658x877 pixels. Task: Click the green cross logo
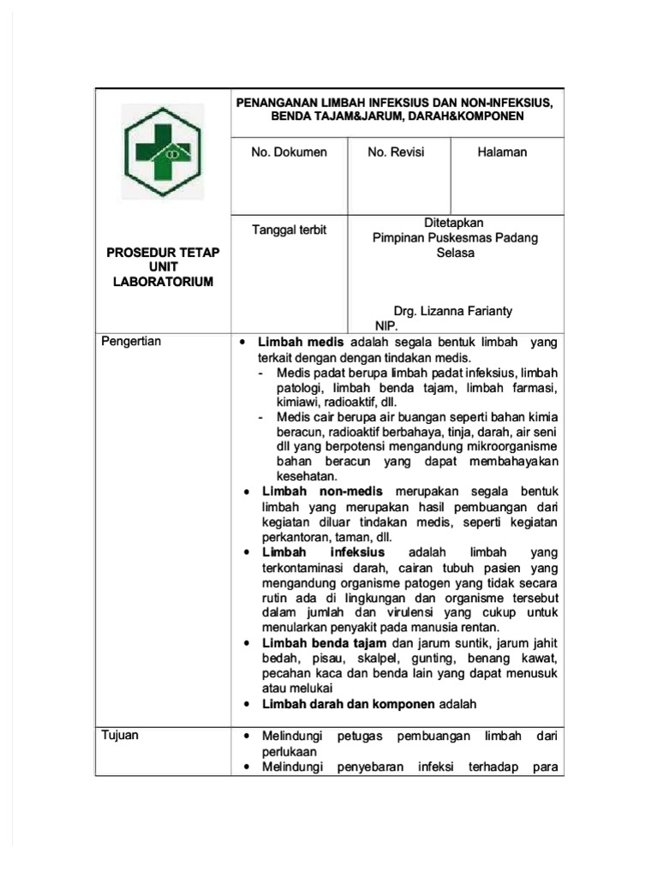point(163,152)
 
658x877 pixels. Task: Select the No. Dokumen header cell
point(289,152)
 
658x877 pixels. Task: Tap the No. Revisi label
point(396,152)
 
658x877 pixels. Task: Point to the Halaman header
point(502,152)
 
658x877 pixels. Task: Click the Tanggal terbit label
point(289,230)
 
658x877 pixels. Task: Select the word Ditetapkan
point(454,223)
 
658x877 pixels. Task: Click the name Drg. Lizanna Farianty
point(453,311)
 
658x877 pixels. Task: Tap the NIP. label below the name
point(386,326)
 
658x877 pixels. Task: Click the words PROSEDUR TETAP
point(163,252)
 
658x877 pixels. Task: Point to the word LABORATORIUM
point(163,282)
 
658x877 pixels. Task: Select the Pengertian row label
point(131,342)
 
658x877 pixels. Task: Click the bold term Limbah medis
point(302,342)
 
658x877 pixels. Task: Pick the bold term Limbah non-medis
point(314,492)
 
